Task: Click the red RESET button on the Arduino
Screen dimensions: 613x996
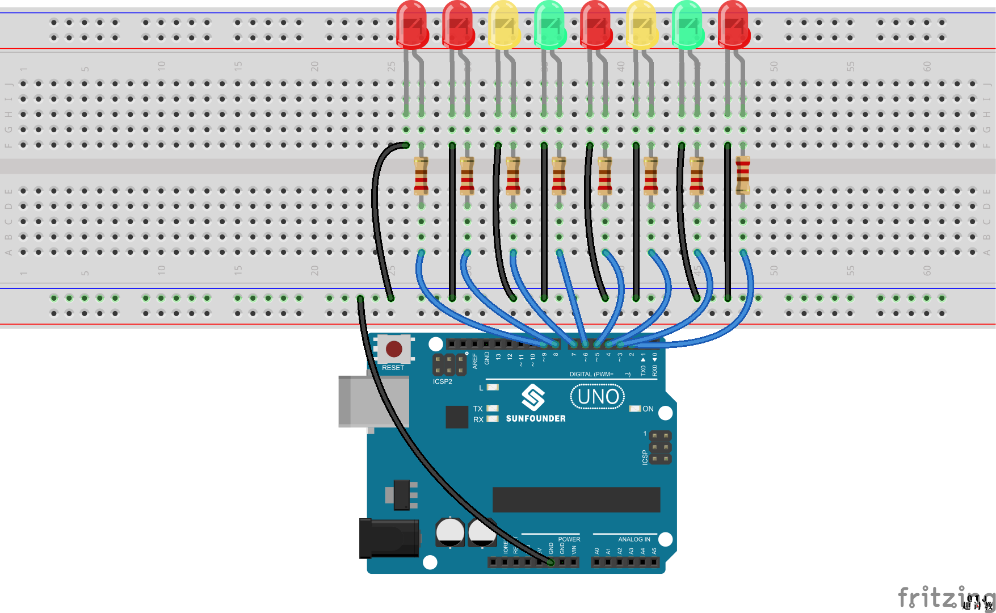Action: [x=394, y=349]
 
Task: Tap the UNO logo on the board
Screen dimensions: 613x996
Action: [x=598, y=396]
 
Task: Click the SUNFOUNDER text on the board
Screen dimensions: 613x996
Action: [x=535, y=418]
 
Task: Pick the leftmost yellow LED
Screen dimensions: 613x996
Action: [x=503, y=25]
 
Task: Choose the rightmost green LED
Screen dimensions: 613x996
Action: [x=687, y=25]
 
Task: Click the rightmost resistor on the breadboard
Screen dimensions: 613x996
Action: [x=742, y=175]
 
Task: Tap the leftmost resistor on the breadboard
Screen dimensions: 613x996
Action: [x=421, y=176]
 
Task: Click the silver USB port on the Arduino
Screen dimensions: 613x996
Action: [x=372, y=401]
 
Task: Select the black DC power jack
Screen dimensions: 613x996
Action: [x=389, y=538]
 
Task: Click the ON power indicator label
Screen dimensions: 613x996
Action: [x=648, y=409]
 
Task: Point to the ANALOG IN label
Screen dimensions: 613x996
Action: [x=634, y=539]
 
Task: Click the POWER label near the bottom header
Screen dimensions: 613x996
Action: [x=569, y=539]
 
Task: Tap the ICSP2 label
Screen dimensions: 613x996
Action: [x=442, y=381]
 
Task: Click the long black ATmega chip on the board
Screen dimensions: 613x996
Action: [x=576, y=499]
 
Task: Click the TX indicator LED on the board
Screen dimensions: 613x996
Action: [x=493, y=408]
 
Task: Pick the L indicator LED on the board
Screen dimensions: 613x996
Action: [x=493, y=387]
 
